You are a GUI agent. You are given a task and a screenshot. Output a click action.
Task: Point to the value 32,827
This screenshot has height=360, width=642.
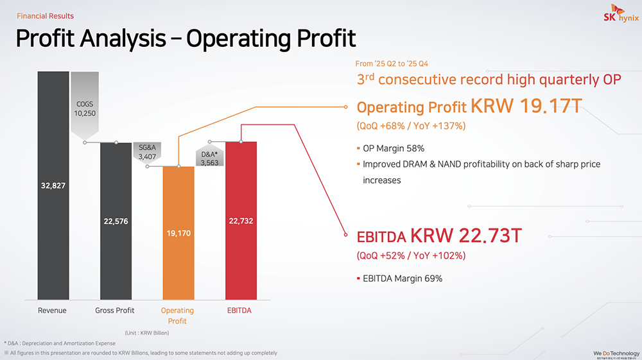click(53, 185)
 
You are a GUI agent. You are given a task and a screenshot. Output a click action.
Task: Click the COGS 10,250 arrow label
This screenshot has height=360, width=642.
click(84, 108)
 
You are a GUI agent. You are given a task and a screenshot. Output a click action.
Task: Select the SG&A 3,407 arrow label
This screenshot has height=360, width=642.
click(147, 152)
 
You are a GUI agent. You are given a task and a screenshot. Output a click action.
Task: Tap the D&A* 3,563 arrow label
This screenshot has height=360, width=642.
click(209, 159)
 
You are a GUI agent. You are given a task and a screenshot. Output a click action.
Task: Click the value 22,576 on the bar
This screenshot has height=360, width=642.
click(116, 221)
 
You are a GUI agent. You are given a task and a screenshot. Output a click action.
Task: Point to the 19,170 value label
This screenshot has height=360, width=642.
click(178, 234)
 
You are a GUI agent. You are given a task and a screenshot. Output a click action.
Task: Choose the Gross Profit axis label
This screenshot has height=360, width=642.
click(115, 311)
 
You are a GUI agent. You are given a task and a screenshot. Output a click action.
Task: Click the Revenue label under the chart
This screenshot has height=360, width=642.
click(53, 311)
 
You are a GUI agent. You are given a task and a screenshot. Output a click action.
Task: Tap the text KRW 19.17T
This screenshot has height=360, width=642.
click(526, 106)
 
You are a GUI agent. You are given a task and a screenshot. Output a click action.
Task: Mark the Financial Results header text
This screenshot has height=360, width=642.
click(45, 16)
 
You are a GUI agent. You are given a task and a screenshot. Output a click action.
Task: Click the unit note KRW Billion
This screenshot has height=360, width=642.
click(147, 332)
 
